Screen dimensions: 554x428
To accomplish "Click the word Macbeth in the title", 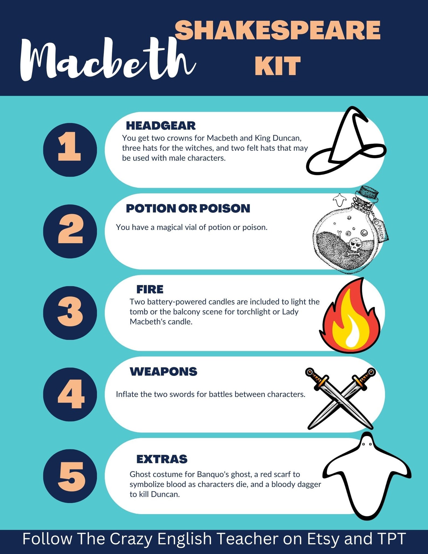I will [x=108, y=59].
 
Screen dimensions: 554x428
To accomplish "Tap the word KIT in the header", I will [x=278, y=66].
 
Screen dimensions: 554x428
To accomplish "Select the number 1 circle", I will [x=70, y=150].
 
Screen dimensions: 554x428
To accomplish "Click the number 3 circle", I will [x=70, y=313].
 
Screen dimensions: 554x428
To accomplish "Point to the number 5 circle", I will [x=70, y=476].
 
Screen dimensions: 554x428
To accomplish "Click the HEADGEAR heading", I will [x=161, y=126].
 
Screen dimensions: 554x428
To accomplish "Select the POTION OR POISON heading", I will [x=188, y=208].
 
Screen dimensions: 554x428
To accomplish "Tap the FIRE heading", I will [x=150, y=289].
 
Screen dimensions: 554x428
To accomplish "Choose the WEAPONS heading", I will [x=163, y=372].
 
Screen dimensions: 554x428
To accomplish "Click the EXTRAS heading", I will [x=162, y=459].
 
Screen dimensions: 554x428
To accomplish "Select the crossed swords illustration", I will [x=340, y=398].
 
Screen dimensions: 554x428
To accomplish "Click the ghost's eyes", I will [x=367, y=444].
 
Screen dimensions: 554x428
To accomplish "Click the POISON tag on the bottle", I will [x=381, y=228].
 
